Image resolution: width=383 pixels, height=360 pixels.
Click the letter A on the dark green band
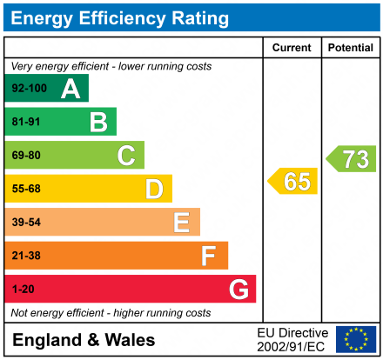pyautogui.click(x=71, y=89)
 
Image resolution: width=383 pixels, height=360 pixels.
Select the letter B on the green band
pyautogui.click(x=98, y=122)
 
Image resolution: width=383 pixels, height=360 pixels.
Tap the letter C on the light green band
pyautogui.click(x=126, y=156)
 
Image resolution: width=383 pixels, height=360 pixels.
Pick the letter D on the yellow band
pyautogui.click(x=154, y=189)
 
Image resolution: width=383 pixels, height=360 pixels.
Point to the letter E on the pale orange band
pyautogui.click(x=181, y=223)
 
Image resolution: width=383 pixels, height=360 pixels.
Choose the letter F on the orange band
pyautogui.click(x=209, y=256)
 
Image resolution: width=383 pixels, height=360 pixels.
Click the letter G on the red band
pyautogui.click(x=238, y=289)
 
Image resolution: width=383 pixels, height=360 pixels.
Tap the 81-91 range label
pyautogui.click(x=25, y=123)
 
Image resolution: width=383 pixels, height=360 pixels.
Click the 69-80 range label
pyautogui.click(x=25, y=156)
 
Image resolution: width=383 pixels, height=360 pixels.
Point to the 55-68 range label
pyautogui.click(x=25, y=189)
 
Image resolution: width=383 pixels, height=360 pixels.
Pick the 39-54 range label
pyautogui.click(x=25, y=223)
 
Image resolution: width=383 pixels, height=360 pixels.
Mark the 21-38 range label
pyautogui.click(x=25, y=256)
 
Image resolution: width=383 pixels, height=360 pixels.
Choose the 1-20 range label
pyautogui.click(x=23, y=289)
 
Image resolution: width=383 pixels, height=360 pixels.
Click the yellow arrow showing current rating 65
pyautogui.click(x=292, y=181)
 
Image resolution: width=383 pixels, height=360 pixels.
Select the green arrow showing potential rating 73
pyautogui.click(x=351, y=158)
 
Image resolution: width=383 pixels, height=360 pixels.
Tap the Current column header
pyautogui.click(x=292, y=48)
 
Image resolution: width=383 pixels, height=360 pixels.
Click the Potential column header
pyautogui.click(x=350, y=48)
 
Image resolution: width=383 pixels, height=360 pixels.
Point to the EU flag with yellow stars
pyautogui.click(x=356, y=339)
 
